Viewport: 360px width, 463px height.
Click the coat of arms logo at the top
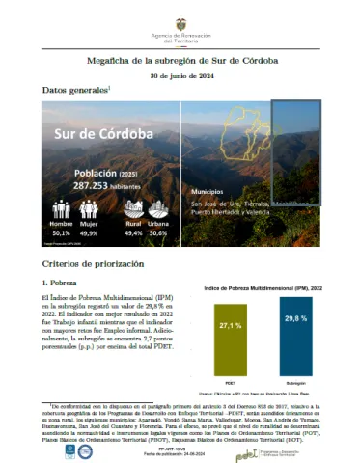coord(180,14)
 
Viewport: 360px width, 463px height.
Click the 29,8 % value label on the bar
coord(295,317)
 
